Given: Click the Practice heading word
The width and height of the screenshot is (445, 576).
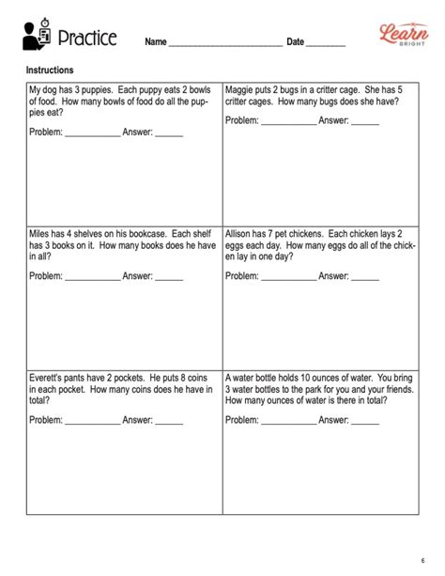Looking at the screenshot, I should pyautogui.click(x=87, y=39).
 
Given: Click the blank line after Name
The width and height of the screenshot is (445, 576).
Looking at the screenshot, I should pyautogui.click(x=224, y=45).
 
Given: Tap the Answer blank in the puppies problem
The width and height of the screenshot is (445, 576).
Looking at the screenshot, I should pyautogui.click(x=169, y=134).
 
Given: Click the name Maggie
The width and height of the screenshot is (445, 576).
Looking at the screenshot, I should pyautogui.click(x=241, y=89).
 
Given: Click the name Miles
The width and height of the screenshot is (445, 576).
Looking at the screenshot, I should pyautogui.click(x=41, y=234).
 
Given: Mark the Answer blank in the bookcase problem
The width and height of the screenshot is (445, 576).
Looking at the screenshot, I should pyautogui.click(x=169, y=279).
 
